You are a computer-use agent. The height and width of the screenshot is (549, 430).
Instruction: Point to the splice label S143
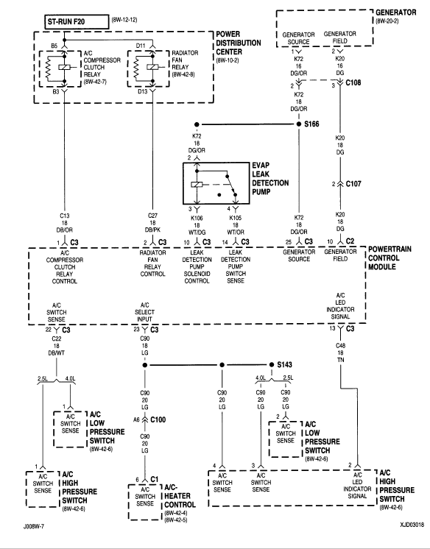coord(284,366)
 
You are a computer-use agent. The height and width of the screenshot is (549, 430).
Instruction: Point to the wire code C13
coord(65,216)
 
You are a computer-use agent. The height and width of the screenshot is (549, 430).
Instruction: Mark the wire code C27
coord(152,216)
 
